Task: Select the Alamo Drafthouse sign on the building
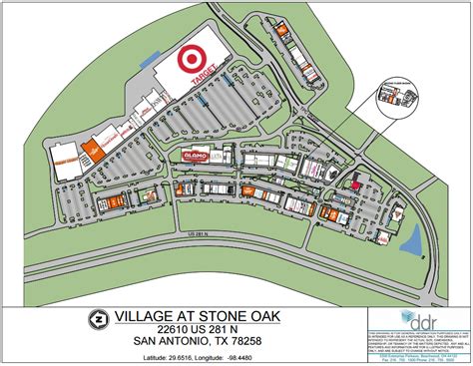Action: (196, 157)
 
